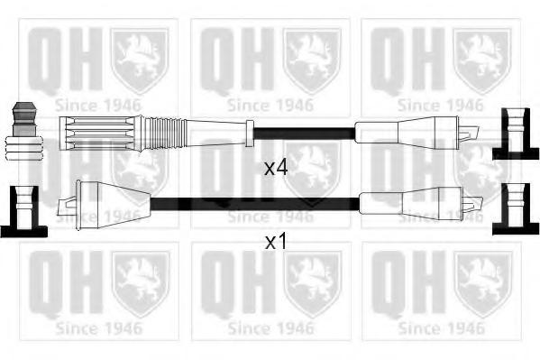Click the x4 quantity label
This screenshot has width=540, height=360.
[276, 168]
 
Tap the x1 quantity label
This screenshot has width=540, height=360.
[276, 242]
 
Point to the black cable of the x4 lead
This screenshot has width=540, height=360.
[305, 134]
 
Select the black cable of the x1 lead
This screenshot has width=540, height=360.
[255, 204]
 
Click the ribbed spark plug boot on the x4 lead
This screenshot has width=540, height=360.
[102, 134]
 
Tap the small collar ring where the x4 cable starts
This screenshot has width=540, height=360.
[250, 134]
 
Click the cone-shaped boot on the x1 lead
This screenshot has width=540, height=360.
[113, 205]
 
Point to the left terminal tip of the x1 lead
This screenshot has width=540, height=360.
[67, 206]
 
